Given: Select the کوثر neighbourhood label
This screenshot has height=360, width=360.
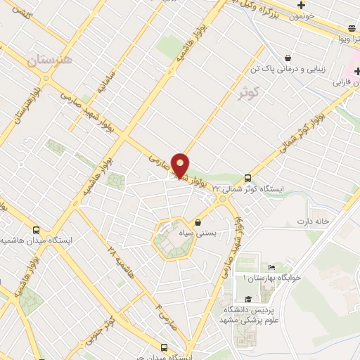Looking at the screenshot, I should pos(249,91).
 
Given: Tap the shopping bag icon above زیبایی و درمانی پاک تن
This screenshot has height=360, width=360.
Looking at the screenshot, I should pos(288,58).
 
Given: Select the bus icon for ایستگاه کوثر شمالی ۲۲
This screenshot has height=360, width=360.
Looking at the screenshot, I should pos(247,178).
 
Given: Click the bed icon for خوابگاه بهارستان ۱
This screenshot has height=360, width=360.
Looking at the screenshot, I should pos(271,268).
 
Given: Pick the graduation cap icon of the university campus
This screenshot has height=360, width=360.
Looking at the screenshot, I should pos(247,300).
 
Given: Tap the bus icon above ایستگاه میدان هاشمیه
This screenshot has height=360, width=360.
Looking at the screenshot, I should pos(37,230).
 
